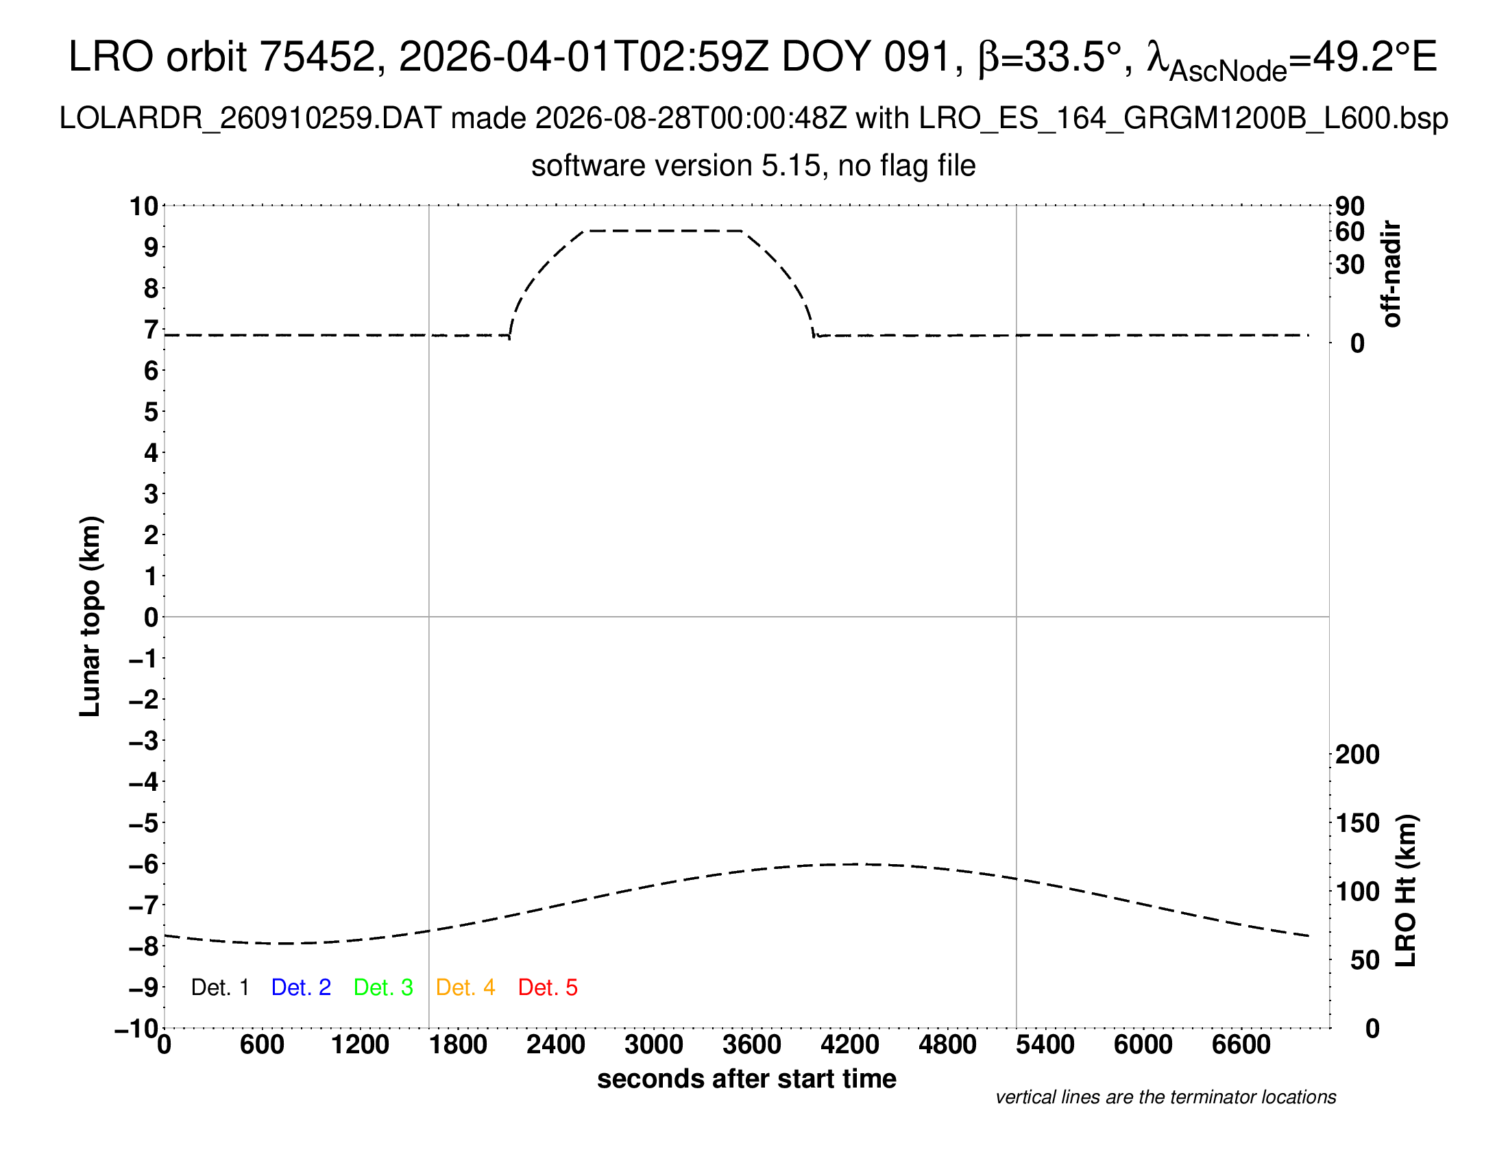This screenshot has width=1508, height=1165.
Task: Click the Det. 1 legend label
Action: (219, 988)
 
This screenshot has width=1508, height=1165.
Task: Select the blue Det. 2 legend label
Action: (301, 988)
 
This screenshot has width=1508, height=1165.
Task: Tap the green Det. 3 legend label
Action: (383, 988)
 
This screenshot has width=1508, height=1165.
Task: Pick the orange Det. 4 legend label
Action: (465, 988)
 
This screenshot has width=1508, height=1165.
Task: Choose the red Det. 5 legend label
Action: (548, 988)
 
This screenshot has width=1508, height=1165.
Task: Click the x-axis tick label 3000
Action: (654, 1045)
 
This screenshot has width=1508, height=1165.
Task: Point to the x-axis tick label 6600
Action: (1241, 1045)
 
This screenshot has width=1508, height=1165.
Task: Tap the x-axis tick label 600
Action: (262, 1045)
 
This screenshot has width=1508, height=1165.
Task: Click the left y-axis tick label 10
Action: (145, 206)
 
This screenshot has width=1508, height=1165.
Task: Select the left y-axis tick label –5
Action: (144, 822)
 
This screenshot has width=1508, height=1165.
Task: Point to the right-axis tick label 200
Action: (1357, 755)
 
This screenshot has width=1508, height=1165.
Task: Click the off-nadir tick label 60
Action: (1350, 232)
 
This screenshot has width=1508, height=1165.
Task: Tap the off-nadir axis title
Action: (1391, 274)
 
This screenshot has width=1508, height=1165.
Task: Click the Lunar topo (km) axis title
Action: (90, 616)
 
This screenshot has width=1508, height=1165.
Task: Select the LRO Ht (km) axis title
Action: (1406, 891)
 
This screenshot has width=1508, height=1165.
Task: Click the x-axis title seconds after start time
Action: (746, 1079)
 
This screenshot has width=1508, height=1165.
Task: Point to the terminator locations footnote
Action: (1165, 1097)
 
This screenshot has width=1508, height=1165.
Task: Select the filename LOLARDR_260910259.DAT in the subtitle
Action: (250, 119)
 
